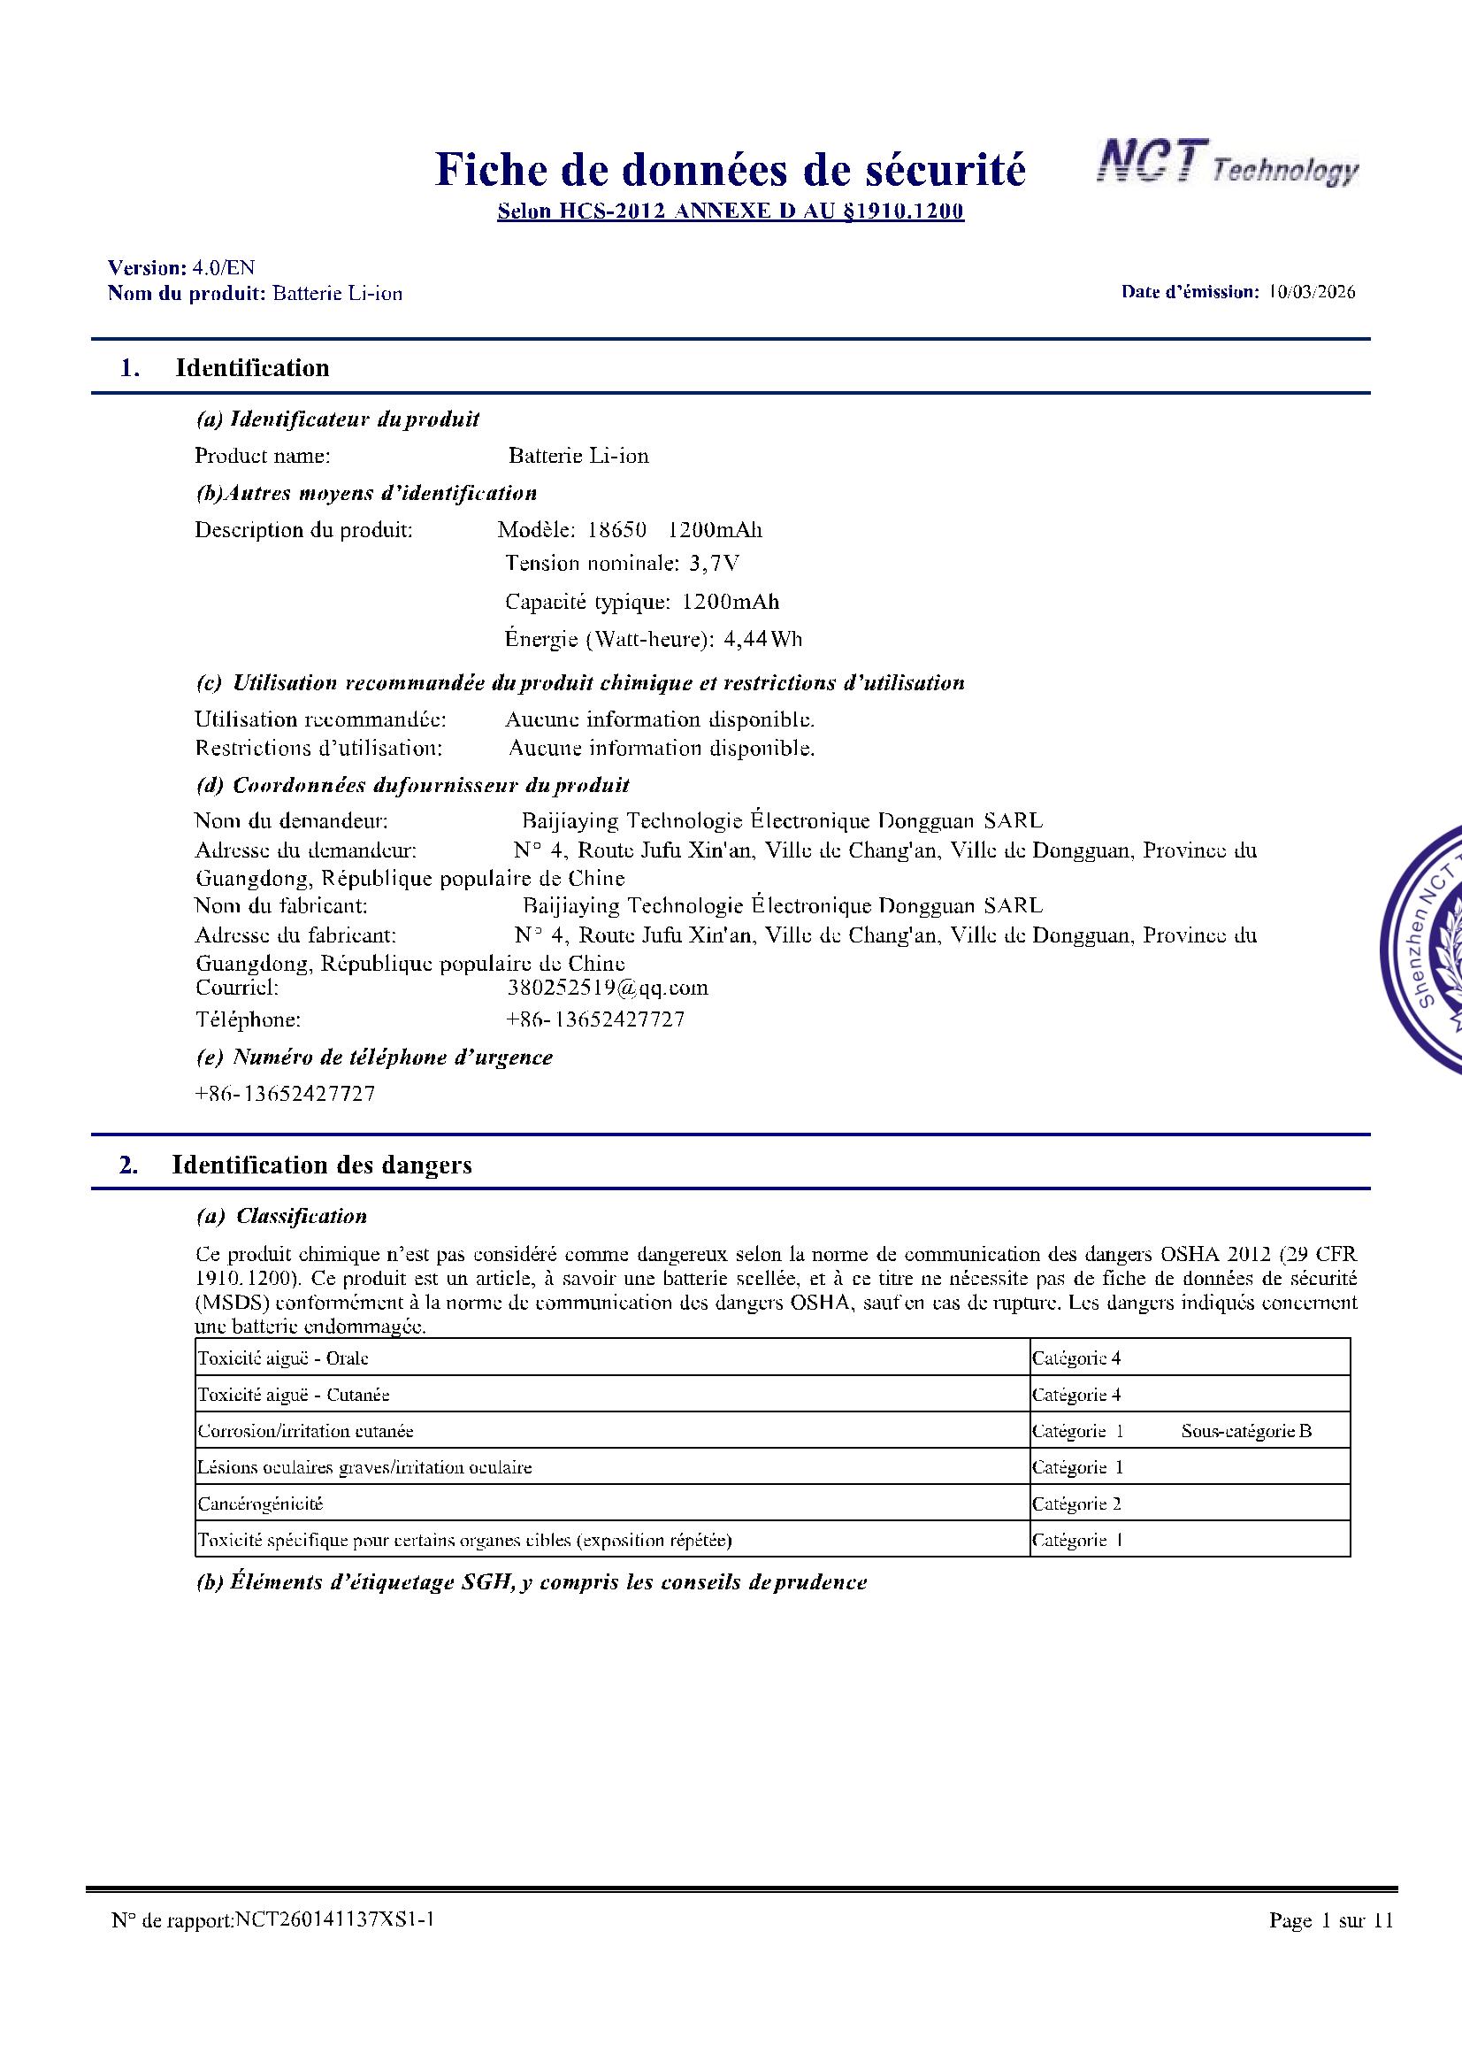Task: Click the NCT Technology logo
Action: tap(1226, 166)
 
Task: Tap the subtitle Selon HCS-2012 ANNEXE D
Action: tap(731, 212)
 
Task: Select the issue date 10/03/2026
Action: tap(1311, 292)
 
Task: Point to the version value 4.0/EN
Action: tap(224, 267)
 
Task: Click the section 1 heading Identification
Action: tap(252, 367)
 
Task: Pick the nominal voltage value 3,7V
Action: tap(715, 564)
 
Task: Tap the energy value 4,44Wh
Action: tap(763, 640)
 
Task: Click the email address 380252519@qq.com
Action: tap(608, 988)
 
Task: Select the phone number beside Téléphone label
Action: tap(596, 1020)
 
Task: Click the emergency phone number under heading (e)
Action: tap(285, 1094)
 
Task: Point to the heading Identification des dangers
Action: tap(322, 1165)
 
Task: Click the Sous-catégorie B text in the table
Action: tap(1246, 1431)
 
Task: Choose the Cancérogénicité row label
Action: tap(260, 1504)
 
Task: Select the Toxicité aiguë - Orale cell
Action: tap(283, 1358)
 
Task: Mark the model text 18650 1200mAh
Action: tap(675, 530)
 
